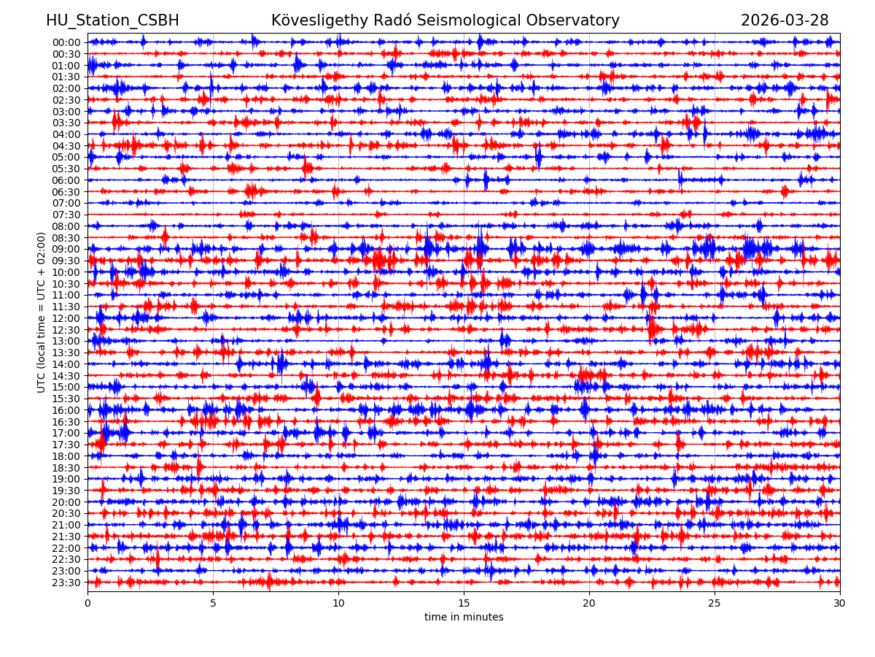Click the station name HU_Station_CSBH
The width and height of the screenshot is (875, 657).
coord(112,20)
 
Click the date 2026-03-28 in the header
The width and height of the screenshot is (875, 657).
coord(785,20)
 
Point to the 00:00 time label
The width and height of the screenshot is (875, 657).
coord(66,42)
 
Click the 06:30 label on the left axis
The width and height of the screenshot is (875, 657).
coord(66,191)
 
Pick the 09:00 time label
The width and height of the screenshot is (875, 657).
coord(66,249)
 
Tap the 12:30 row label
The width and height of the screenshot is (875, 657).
coord(66,329)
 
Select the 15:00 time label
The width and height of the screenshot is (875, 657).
coord(66,387)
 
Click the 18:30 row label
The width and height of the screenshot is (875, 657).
coord(66,467)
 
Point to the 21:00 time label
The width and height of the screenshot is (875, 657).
coord(66,525)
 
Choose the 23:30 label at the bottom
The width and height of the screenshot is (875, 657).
coord(66,583)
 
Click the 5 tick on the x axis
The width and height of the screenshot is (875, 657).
coord(213,604)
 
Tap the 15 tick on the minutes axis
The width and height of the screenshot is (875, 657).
coord(464,604)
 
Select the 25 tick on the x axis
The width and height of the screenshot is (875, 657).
coord(715,604)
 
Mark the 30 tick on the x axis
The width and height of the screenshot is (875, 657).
coord(840,604)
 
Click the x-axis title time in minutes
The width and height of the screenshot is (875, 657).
coord(464,618)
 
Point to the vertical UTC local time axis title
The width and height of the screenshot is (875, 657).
coord(42,312)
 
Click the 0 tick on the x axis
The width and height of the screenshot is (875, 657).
coord(87,604)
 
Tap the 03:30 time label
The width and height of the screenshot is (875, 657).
coord(66,123)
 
